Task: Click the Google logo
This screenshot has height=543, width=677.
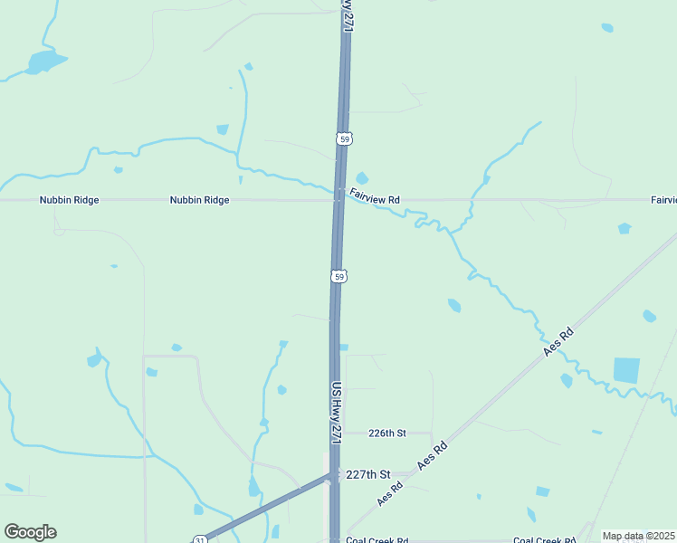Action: point(30,532)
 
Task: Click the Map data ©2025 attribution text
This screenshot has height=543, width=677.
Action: point(639,536)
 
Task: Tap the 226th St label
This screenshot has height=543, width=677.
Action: point(387,433)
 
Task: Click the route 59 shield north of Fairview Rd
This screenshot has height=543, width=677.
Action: point(341,138)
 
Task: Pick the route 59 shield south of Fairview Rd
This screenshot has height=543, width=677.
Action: point(338,276)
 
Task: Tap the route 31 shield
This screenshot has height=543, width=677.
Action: point(197,539)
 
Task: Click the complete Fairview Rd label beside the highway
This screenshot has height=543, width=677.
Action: point(376,199)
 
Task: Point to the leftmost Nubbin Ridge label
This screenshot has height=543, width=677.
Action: point(70,199)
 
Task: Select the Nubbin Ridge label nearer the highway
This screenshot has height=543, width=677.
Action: point(199,199)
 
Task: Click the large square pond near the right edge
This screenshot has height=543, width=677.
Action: point(626,370)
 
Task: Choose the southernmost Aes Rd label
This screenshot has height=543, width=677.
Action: point(390,494)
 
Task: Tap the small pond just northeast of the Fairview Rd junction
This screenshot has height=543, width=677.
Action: point(362,177)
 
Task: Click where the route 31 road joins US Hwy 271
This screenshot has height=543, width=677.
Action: point(332,475)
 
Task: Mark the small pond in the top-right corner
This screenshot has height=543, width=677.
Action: point(607,28)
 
